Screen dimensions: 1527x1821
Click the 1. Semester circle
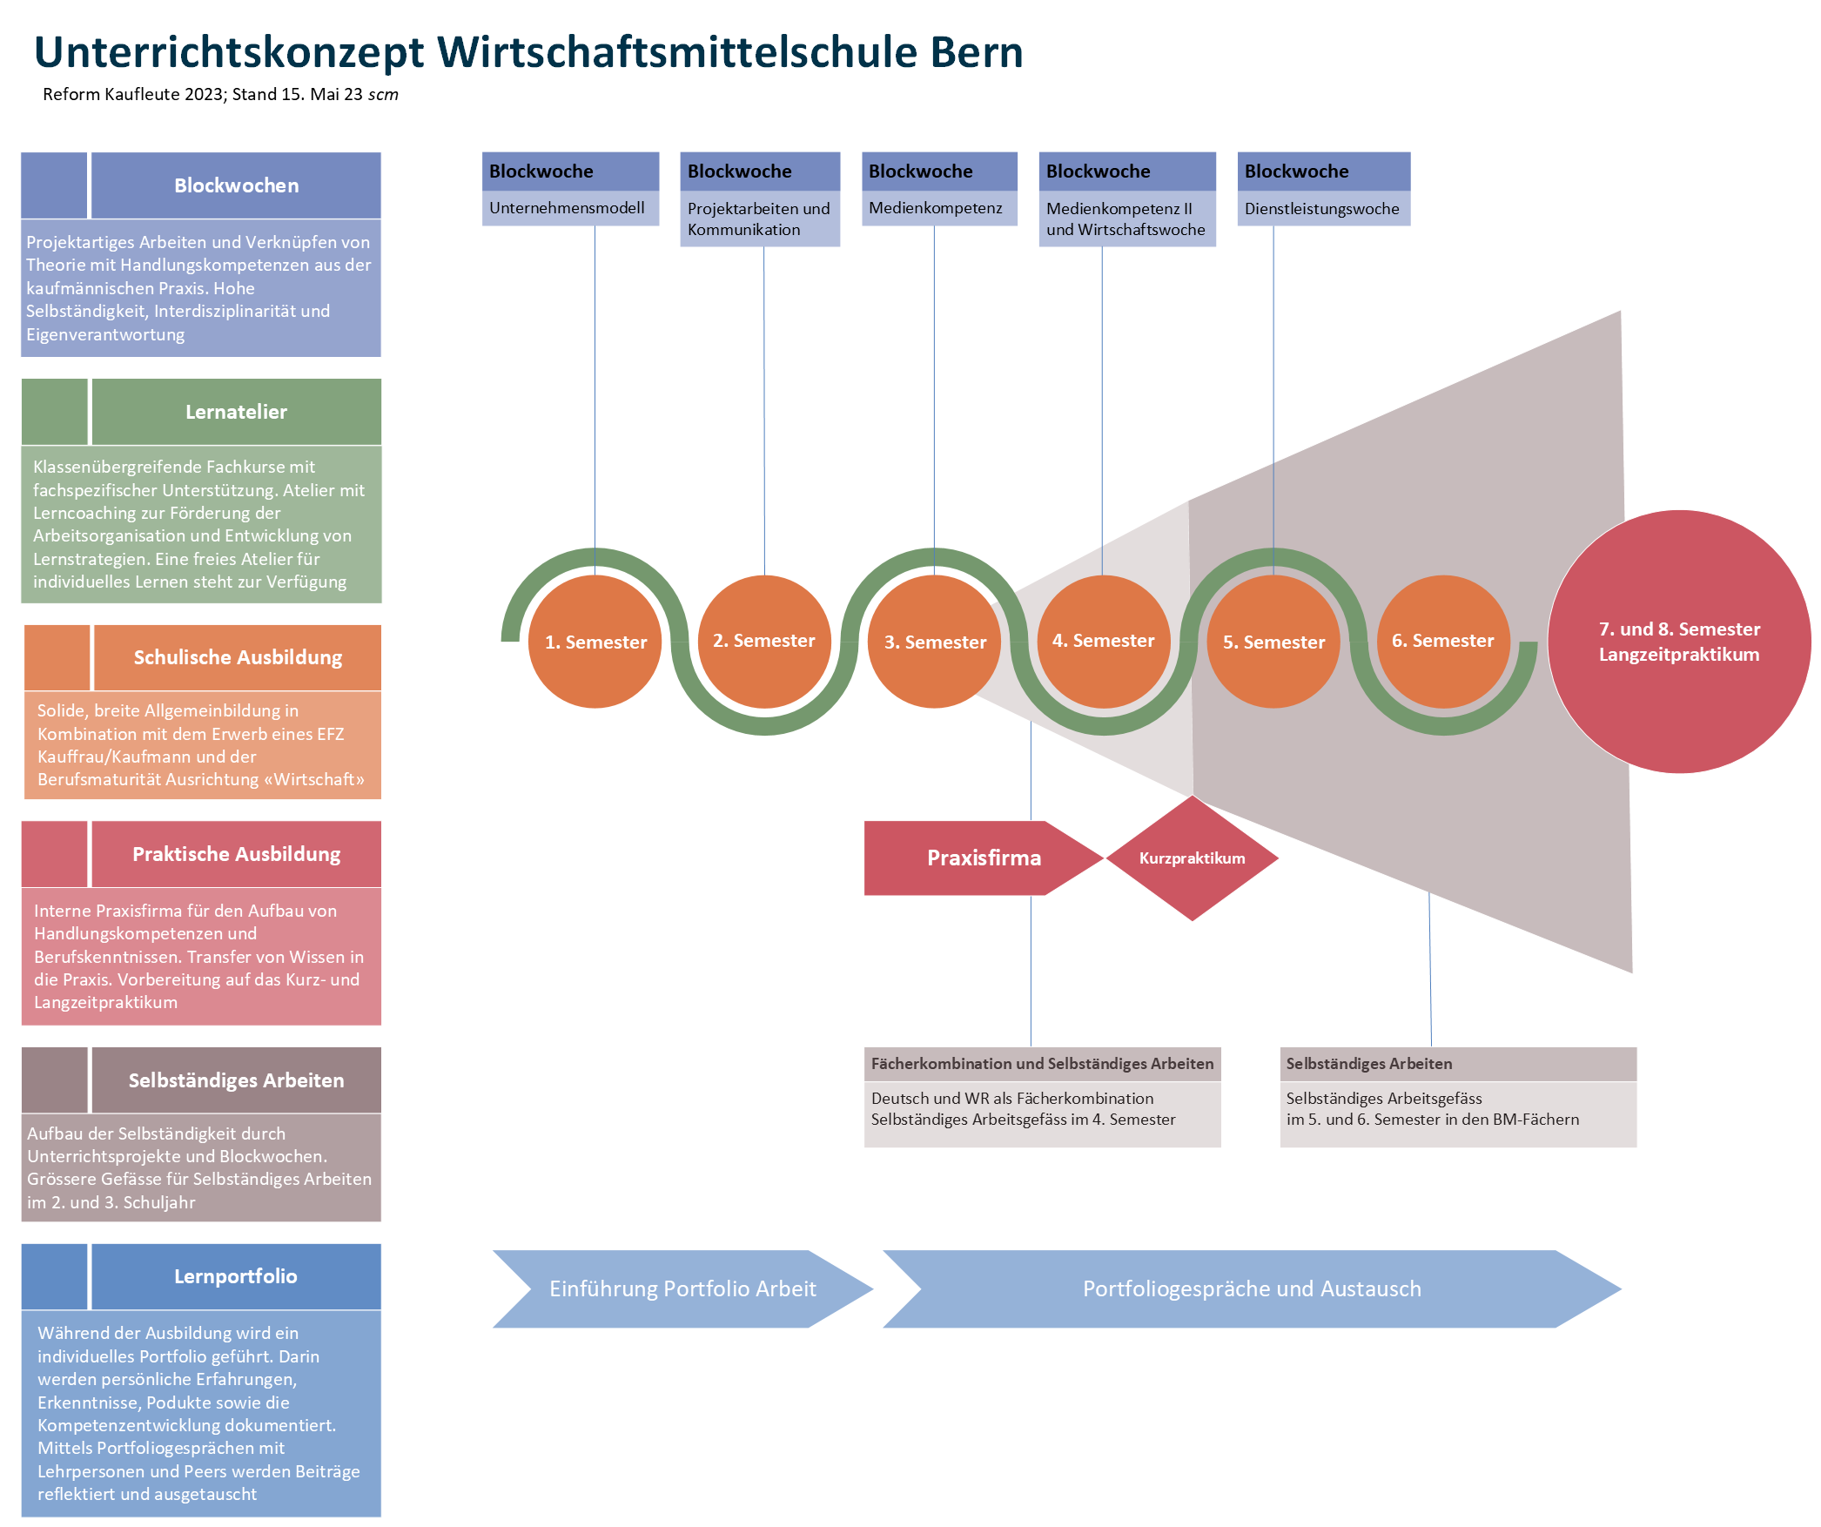pos(595,642)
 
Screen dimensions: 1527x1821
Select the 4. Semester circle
pos(1103,642)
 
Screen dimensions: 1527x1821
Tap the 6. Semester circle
pos(1442,642)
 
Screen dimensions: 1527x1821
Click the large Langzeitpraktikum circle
pos(1678,642)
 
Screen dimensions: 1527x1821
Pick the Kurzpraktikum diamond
pos(1192,858)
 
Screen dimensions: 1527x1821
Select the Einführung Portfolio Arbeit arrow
pos(682,1288)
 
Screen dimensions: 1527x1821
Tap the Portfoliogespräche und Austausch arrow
pos(1251,1288)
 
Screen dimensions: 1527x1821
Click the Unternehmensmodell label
pos(568,208)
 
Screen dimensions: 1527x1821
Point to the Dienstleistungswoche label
pos(1321,209)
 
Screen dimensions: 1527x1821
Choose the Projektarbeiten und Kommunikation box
pos(759,219)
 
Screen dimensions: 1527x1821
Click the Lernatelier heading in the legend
pos(236,412)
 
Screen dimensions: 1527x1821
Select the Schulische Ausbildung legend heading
pos(238,657)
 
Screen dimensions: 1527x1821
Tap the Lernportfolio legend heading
pos(236,1276)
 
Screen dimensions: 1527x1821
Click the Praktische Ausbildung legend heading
pos(236,854)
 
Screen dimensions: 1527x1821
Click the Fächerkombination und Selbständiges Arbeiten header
pos(1042,1064)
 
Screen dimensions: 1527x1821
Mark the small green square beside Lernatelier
pos(55,412)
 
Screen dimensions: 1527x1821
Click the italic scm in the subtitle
pos(383,95)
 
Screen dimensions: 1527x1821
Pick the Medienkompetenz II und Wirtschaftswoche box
pos(1126,219)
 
